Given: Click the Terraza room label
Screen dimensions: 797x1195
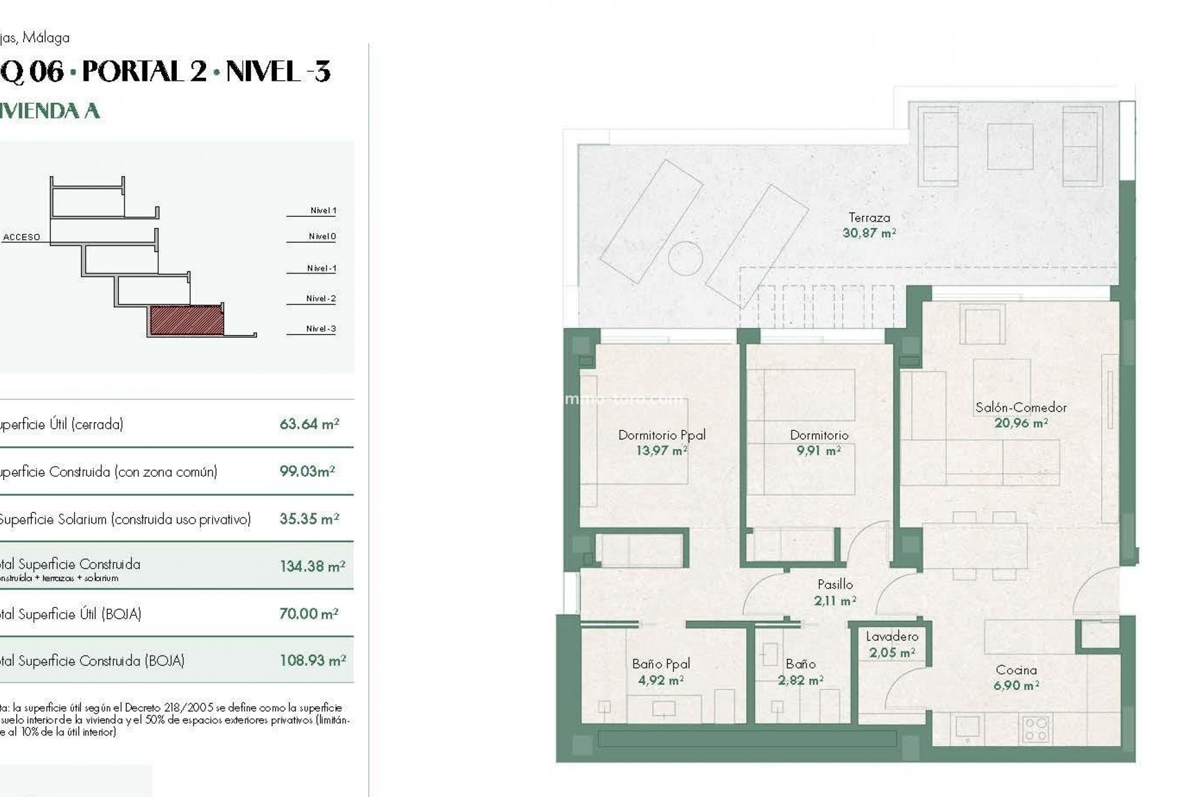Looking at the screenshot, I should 869,218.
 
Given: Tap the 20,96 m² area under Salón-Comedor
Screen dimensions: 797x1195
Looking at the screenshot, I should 1021,423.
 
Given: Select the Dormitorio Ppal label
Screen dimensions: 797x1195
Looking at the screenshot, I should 662,435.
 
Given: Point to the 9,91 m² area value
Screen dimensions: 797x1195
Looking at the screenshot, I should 818,450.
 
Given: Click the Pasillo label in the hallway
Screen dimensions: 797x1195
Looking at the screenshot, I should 835,585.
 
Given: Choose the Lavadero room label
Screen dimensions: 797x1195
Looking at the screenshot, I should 892,636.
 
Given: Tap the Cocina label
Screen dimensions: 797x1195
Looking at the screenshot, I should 1016,670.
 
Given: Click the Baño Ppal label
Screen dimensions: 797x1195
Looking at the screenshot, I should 660,664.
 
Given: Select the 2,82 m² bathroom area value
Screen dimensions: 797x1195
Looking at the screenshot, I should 800,681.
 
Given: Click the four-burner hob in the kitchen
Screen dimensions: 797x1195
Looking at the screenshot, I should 1036,729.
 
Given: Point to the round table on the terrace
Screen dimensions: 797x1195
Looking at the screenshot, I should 685,258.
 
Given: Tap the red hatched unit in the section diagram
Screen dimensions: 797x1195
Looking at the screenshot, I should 186,320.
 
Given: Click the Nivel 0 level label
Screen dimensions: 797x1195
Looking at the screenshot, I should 322,237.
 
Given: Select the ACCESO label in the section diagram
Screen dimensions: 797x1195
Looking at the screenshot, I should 22,237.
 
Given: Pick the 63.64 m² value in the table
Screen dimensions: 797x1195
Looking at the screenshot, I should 309,424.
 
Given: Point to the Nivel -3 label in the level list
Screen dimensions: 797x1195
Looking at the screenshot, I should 321,329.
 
